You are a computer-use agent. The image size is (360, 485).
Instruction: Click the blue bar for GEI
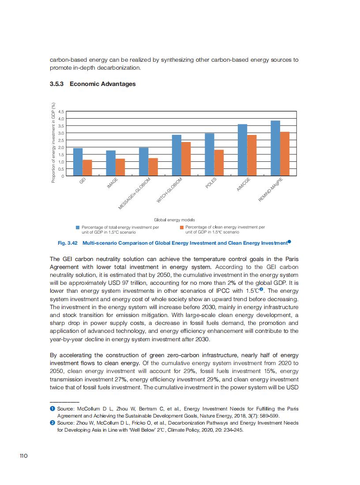(78, 162)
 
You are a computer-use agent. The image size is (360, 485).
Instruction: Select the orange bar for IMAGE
(120, 167)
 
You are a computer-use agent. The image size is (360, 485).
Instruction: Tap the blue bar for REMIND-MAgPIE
(275, 148)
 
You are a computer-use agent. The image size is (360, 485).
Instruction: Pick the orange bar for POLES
(219, 163)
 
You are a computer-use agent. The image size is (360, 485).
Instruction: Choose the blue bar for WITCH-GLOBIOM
(176, 155)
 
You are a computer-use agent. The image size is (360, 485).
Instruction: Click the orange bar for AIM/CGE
(252, 155)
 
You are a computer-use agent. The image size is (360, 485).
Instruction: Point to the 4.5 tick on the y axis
(61, 112)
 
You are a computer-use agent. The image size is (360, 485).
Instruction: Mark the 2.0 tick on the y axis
(61, 147)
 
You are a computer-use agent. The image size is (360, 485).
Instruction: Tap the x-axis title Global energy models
(174, 219)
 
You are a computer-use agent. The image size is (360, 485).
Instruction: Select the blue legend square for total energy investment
(78, 228)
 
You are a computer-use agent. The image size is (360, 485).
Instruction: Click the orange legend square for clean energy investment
(182, 228)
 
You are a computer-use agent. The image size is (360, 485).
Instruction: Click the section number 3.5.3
(57, 84)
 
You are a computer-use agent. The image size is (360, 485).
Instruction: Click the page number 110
(24, 455)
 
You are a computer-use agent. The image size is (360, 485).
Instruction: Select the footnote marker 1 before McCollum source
(52, 409)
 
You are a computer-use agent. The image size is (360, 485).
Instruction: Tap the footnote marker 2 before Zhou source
(52, 423)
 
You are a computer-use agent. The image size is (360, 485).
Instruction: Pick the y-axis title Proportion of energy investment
(53, 143)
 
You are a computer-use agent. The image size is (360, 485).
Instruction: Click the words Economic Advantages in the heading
(102, 84)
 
